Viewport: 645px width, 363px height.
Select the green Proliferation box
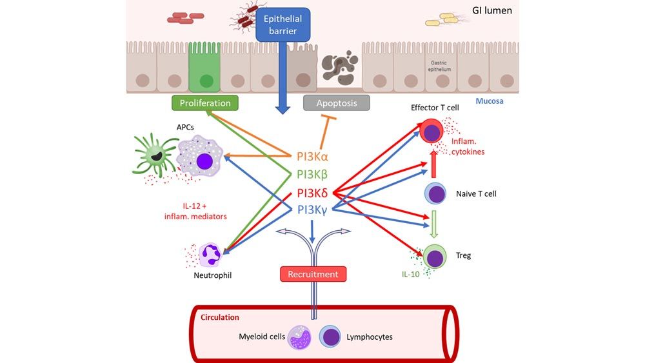point(205,103)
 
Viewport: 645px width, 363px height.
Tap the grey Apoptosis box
point(337,103)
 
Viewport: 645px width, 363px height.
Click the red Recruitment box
point(313,274)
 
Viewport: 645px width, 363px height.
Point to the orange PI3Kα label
point(313,156)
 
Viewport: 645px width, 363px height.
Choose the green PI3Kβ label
point(313,174)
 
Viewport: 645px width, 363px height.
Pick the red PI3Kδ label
point(313,192)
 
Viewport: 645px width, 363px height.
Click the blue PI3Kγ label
point(313,210)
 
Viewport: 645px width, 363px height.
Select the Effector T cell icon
point(432,133)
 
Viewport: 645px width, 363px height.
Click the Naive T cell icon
point(435,193)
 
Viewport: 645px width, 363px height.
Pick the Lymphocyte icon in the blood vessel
point(332,337)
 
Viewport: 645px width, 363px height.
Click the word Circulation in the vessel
point(219,317)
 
